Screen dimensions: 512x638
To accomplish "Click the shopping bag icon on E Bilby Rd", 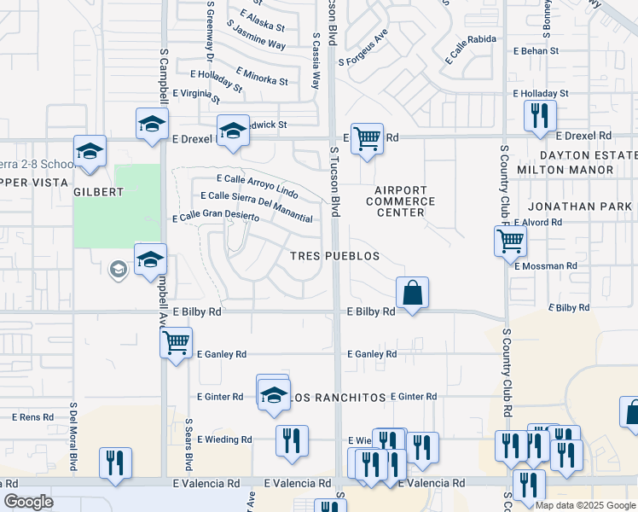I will coord(412,293).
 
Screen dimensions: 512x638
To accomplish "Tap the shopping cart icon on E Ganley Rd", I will coord(176,343).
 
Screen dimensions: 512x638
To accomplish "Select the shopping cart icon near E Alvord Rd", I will coord(510,241).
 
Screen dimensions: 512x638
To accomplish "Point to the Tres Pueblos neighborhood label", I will coord(333,256).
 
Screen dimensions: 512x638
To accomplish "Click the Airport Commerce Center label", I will coord(400,201).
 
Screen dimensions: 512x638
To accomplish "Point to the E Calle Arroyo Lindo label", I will coord(257,185).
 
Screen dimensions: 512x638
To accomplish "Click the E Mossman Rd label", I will coord(551,266).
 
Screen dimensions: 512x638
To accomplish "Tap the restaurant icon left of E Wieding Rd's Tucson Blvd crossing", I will coord(292,441).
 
